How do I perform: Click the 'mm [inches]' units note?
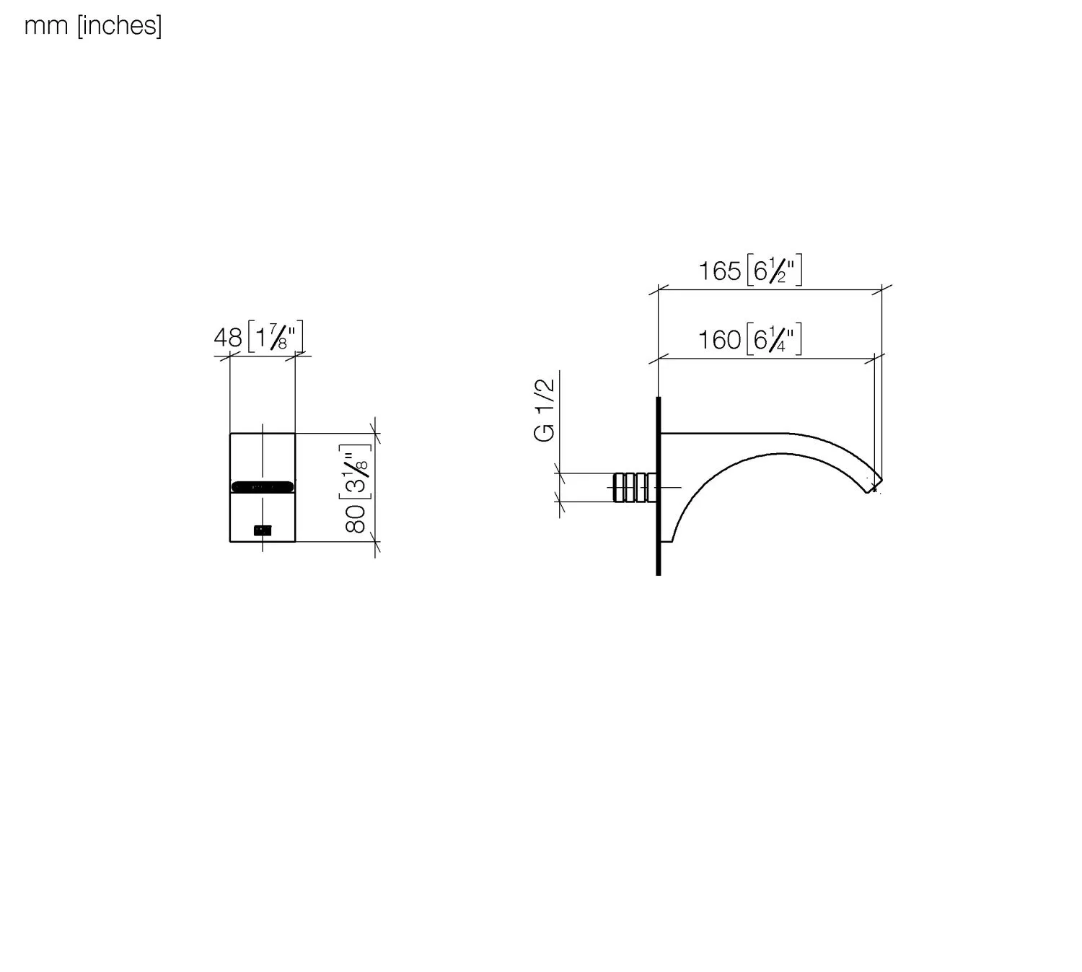tap(93, 26)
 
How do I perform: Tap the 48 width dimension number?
tap(227, 338)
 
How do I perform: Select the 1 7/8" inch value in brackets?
tap(276, 337)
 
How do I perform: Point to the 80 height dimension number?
tap(355, 519)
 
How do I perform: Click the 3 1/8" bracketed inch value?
tap(355, 472)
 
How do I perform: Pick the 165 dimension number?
tap(719, 271)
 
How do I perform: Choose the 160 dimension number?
tap(719, 340)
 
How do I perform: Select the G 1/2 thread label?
tap(544, 410)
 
